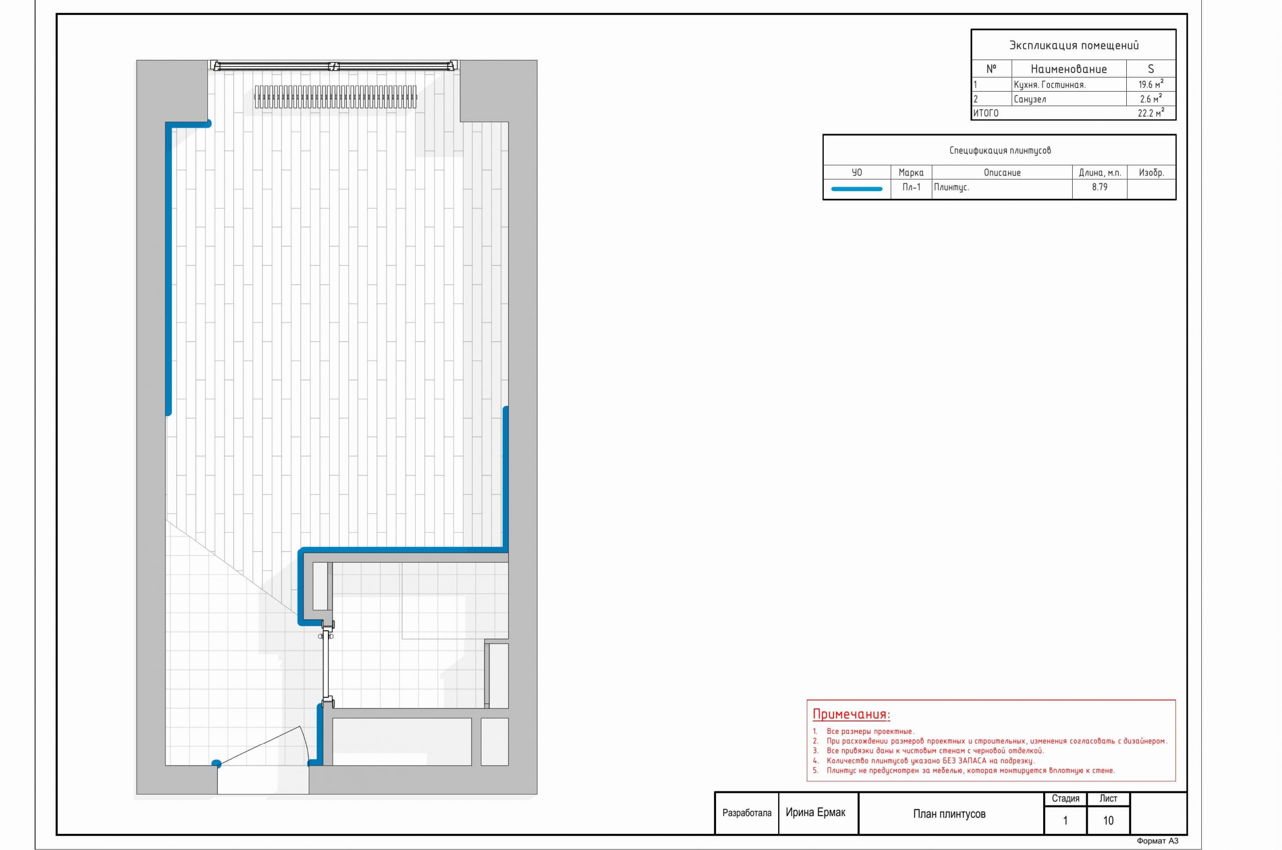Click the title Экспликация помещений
1073,46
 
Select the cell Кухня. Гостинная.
1049,85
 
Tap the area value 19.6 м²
1151,84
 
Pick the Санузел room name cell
1030,99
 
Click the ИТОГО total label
986,113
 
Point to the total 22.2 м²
1151,113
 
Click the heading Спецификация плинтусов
1000,151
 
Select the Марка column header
911,173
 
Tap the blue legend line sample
857,189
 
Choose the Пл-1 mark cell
911,188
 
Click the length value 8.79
1100,187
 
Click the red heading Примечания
851,714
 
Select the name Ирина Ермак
816,812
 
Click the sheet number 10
1108,821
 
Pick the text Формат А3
1158,841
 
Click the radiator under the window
336,97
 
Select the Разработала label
747,813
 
